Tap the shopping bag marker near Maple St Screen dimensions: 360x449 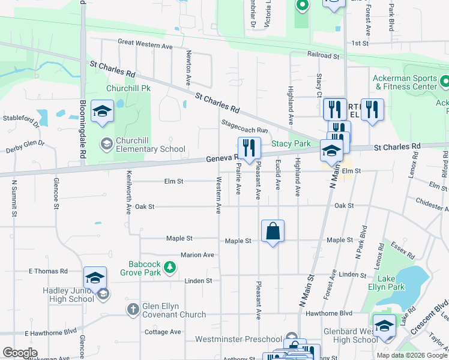click(273, 231)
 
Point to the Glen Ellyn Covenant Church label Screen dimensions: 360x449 click(174, 310)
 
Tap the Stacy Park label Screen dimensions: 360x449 click(291, 144)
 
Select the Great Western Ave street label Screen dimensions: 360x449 click(145, 44)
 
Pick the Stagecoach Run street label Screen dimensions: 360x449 click(244, 126)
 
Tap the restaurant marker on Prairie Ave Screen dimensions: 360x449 click(248, 148)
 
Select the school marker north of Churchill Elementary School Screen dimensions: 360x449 click(103, 112)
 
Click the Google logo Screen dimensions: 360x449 click(20, 353)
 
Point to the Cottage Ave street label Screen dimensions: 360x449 click(162, 332)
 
